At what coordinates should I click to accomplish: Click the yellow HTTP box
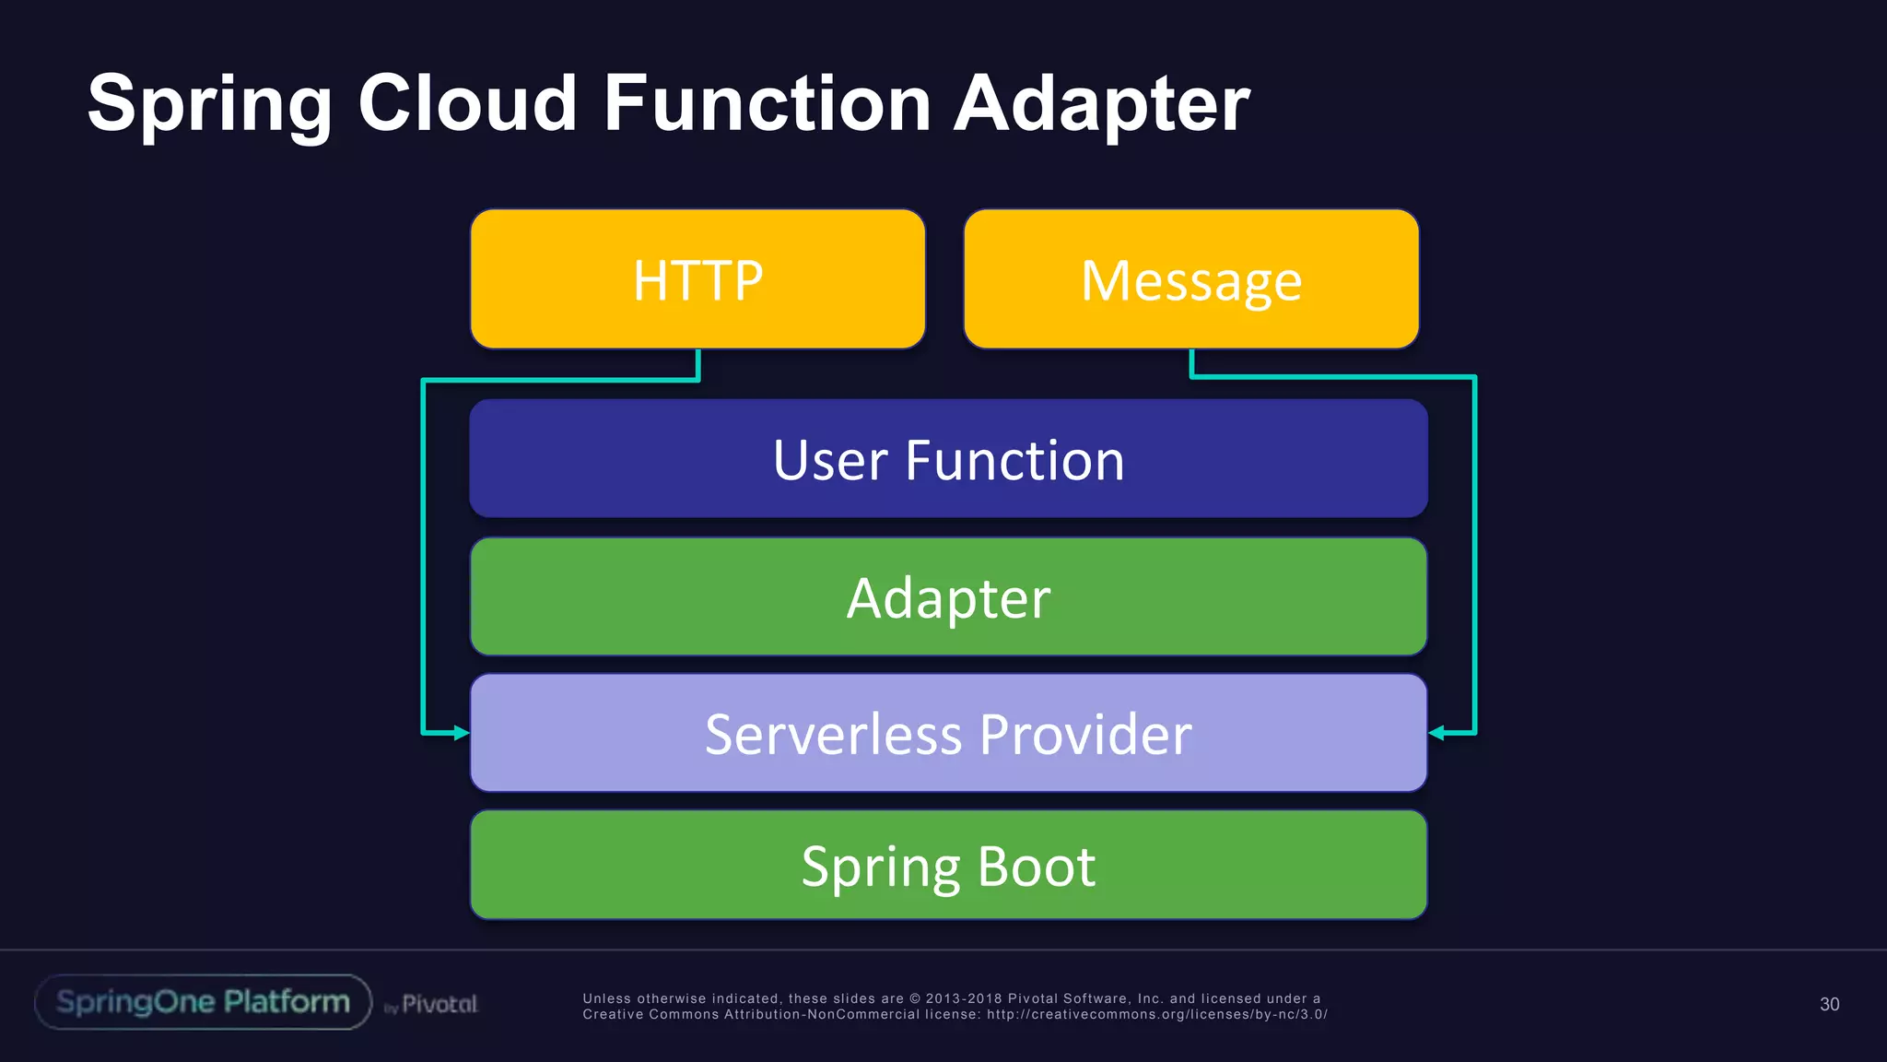[697, 279]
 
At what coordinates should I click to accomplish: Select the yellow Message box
[1190, 279]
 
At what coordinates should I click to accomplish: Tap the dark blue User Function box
[948, 459]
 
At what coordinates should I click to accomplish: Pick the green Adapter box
[948, 597]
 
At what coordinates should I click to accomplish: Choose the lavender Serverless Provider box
[948, 733]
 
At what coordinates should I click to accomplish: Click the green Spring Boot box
[948, 865]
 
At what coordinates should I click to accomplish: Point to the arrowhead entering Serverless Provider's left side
[462, 733]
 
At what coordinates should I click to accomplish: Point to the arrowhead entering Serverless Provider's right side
[1436, 733]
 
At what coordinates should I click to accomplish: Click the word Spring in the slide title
[209, 105]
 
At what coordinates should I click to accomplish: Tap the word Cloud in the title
[466, 103]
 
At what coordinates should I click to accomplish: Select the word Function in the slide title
[767, 103]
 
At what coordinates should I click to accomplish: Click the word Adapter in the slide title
[1101, 105]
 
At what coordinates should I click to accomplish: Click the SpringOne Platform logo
[203, 1002]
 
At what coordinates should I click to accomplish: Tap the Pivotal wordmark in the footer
[439, 1004]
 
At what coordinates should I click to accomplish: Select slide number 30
[1829, 1004]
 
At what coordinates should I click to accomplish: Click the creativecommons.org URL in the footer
[1156, 1015]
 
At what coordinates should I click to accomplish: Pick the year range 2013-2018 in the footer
[964, 998]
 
